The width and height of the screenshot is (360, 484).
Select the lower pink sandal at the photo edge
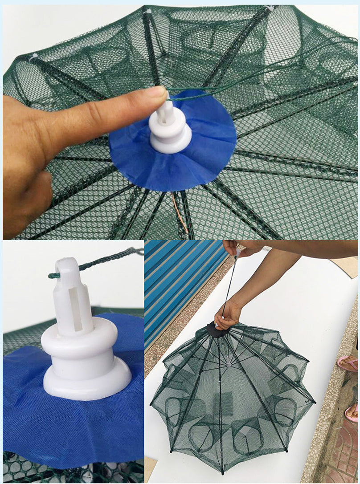click(x=352, y=412)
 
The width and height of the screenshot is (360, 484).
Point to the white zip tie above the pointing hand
click(x=34, y=57)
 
